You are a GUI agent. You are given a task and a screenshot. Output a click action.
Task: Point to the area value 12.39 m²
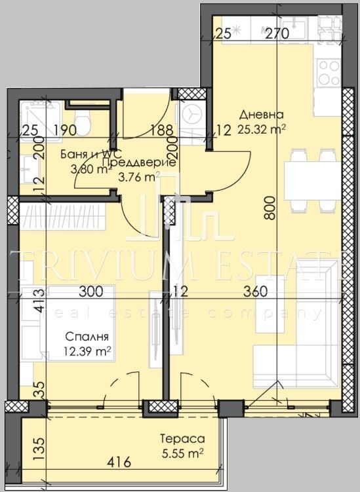[x=87, y=352]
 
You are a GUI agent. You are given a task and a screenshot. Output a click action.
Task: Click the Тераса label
[x=183, y=438]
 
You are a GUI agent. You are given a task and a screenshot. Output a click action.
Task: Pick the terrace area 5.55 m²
[x=183, y=452]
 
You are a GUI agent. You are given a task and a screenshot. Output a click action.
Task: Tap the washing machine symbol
[x=193, y=114]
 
